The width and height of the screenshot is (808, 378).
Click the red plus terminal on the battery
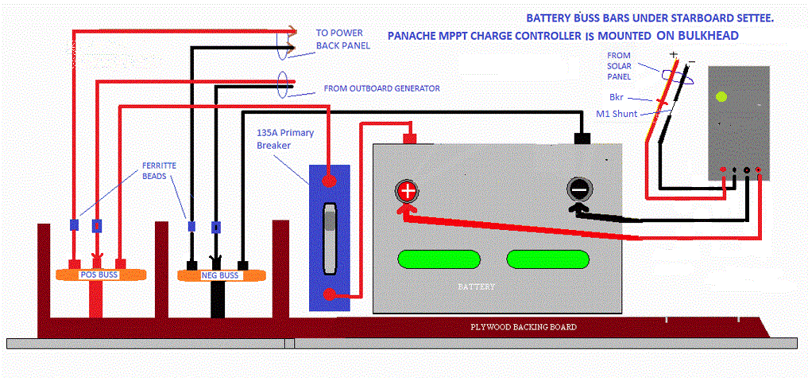pos(407,191)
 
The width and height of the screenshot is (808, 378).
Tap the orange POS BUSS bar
pos(98,274)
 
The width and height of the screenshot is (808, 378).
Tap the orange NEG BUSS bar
pos(218,275)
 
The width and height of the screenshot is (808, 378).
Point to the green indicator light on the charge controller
pos(721,98)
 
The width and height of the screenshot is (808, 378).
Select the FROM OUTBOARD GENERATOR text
pos(382,88)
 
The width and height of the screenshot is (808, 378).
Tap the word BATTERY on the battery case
pos(477,286)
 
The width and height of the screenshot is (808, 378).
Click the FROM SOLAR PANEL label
pos(619,67)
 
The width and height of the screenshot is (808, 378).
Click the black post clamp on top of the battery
pos(582,138)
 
